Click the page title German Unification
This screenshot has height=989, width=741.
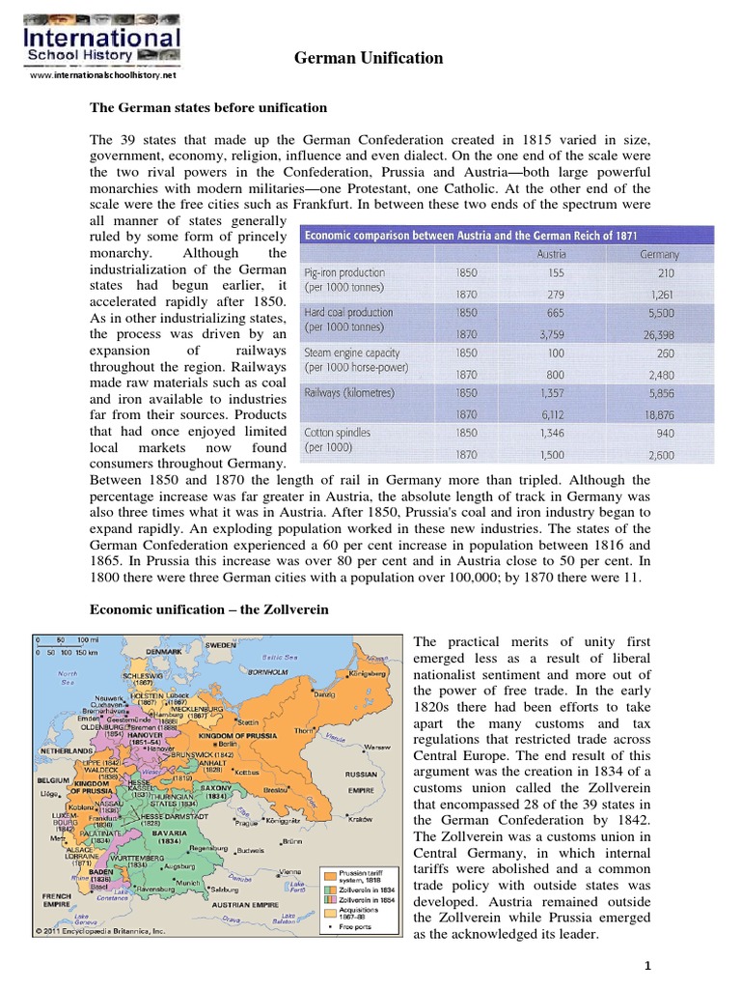point(369,58)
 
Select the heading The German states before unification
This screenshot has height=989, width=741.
point(208,107)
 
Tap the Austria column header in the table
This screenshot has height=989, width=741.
point(551,254)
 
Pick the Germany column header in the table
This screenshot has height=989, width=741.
point(659,254)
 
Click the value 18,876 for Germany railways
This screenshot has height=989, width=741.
point(659,413)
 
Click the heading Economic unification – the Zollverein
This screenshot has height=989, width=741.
point(209,610)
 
